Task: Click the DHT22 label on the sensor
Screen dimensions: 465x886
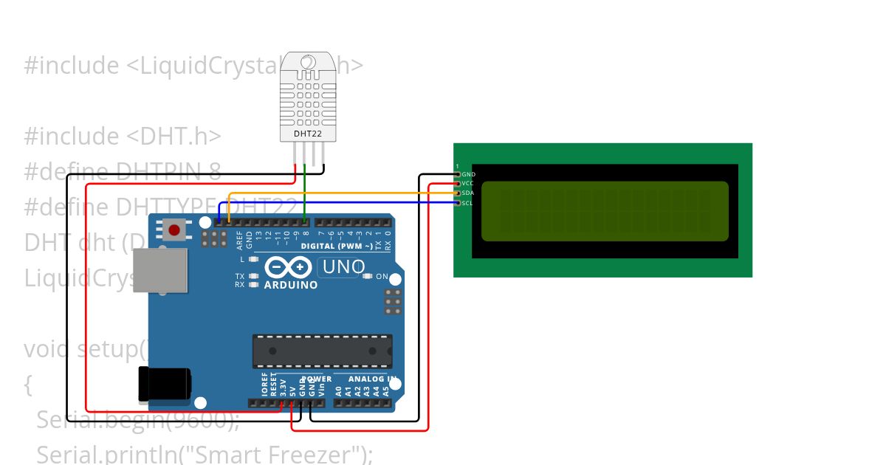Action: pyautogui.click(x=309, y=134)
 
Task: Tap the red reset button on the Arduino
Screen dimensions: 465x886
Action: pyautogui.click(x=174, y=230)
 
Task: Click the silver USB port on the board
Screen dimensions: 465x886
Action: pyautogui.click(x=160, y=269)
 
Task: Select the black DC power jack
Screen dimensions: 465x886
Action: pyautogui.click(x=165, y=385)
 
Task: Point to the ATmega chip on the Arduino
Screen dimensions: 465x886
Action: pyautogui.click(x=322, y=351)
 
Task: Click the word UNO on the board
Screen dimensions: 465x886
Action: pyautogui.click(x=342, y=266)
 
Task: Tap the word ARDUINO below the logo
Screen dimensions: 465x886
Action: pyautogui.click(x=291, y=285)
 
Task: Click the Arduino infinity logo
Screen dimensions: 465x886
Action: pyautogui.click(x=290, y=267)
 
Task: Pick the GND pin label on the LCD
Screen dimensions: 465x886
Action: pyautogui.click(x=469, y=174)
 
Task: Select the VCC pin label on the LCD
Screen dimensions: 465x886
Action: pyautogui.click(x=468, y=183)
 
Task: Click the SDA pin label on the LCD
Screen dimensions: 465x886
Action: pyautogui.click(x=468, y=193)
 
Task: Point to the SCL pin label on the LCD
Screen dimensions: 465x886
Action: pyautogui.click(x=467, y=202)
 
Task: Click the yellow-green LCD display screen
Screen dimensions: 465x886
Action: pyautogui.click(x=605, y=211)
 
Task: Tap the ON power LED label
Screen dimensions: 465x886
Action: pyautogui.click(x=382, y=277)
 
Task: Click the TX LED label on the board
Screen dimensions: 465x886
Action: pyautogui.click(x=240, y=276)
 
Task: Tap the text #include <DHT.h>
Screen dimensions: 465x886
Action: pyautogui.click(x=123, y=137)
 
